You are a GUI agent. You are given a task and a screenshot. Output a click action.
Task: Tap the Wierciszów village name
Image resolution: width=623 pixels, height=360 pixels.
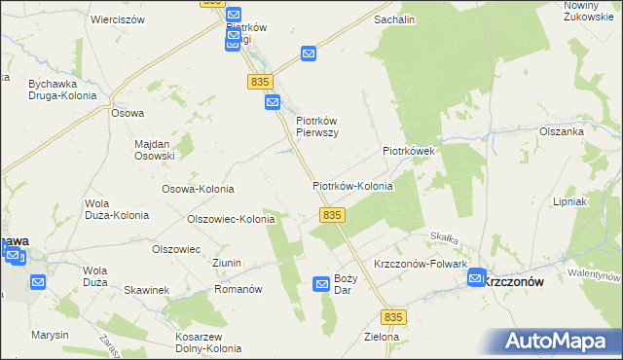pyautogui.click(x=117, y=19)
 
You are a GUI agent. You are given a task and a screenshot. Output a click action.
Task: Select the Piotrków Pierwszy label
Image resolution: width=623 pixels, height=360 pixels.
pyautogui.click(x=316, y=127)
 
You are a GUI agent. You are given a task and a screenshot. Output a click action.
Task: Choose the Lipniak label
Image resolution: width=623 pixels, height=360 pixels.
pyautogui.click(x=596, y=202)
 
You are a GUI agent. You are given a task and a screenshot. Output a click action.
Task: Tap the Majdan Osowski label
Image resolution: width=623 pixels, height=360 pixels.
pyautogui.click(x=154, y=150)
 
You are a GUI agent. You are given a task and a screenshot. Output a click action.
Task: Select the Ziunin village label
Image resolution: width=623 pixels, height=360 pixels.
pyautogui.click(x=227, y=264)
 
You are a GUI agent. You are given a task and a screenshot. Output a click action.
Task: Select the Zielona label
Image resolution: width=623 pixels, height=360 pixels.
pyautogui.click(x=381, y=337)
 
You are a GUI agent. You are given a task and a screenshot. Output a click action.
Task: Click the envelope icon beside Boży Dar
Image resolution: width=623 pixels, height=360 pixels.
pyautogui.click(x=321, y=283)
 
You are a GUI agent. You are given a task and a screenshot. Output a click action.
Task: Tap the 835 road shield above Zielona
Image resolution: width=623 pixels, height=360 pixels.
pyautogui.click(x=393, y=317)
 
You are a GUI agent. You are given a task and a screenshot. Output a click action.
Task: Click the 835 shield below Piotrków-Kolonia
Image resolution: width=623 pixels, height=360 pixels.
pyautogui.click(x=331, y=214)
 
